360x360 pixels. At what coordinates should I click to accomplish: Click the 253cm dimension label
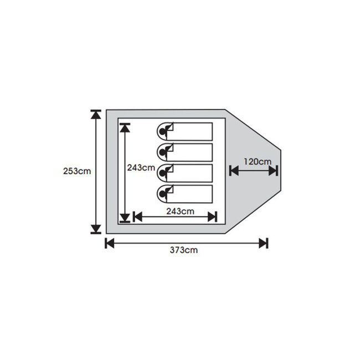tap(77, 171)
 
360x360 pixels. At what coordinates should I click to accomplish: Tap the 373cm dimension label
tap(184, 250)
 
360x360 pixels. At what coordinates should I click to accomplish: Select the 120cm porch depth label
tap(258, 162)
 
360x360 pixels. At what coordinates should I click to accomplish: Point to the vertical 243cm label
tap(141, 168)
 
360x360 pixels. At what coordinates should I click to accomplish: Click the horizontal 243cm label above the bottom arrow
tap(180, 211)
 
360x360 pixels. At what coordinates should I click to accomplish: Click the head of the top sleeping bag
tap(162, 132)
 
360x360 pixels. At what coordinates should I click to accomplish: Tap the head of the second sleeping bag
tap(162, 152)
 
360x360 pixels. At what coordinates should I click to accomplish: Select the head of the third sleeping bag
tap(162, 173)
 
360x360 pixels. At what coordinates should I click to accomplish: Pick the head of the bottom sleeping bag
tap(162, 194)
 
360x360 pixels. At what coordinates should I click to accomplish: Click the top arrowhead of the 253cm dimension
tap(96, 114)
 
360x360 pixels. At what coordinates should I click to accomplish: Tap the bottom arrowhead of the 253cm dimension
tap(96, 229)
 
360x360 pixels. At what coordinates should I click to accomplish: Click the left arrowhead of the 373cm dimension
tap(110, 243)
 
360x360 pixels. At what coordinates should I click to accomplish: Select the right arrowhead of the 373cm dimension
tap(264, 243)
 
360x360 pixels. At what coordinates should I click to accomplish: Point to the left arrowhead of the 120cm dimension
tap(234, 171)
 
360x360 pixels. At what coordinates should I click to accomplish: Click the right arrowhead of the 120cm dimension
tap(274, 171)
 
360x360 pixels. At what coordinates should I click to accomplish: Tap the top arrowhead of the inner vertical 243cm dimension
tap(125, 128)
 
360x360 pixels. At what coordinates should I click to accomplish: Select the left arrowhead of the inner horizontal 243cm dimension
tap(137, 217)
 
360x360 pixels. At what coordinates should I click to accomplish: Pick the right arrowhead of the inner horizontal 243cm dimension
tap(212, 217)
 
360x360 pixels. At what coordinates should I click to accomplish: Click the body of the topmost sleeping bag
tap(189, 132)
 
